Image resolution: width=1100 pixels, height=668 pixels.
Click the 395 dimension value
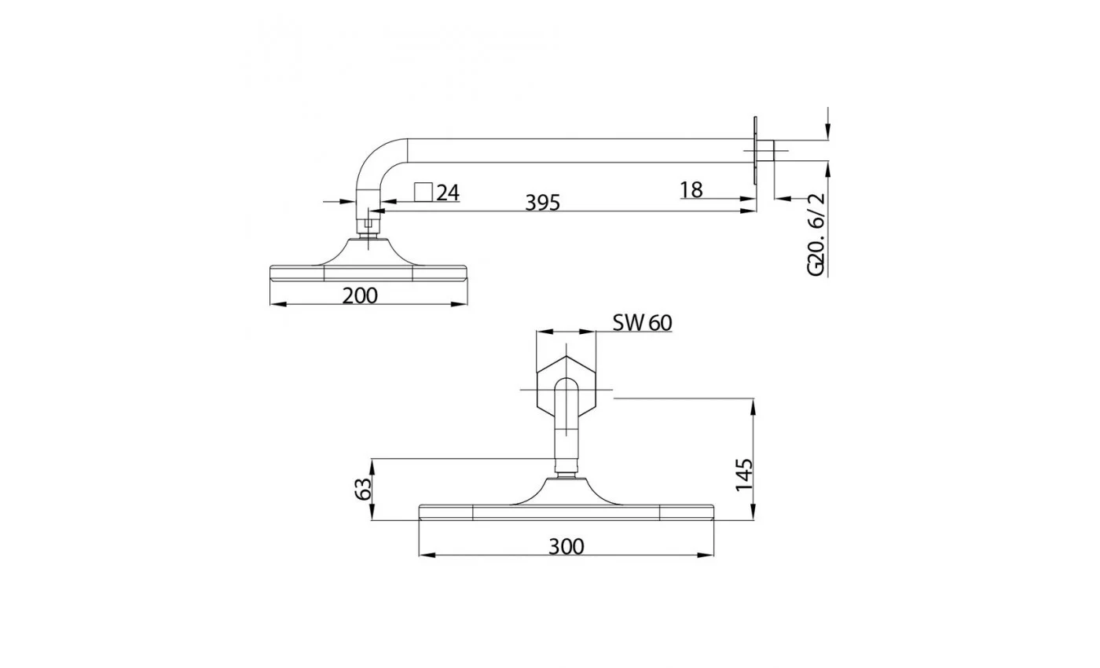(x=542, y=203)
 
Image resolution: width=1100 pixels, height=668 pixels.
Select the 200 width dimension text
(x=360, y=295)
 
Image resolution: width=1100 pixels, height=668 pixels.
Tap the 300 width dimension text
(x=566, y=547)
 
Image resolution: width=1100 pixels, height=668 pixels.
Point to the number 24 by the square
(x=448, y=193)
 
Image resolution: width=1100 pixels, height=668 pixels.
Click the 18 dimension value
(x=691, y=189)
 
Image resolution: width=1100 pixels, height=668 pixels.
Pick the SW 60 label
(x=643, y=323)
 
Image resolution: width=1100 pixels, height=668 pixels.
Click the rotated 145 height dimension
(x=744, y=475)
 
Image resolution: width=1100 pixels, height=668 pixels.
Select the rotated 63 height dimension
(x=363, y=489)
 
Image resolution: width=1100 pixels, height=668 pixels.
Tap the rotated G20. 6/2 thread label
(x=816, y=234)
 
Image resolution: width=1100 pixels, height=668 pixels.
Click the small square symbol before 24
(x=423, y=192)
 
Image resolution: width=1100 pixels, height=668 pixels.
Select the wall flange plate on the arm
(x=755, y=150)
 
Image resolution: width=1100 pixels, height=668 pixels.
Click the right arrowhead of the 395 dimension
(x=748, y=211)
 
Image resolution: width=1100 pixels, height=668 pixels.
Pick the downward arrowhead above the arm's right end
(x=828, y=131)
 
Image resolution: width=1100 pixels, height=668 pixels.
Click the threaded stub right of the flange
(x=766, y=150)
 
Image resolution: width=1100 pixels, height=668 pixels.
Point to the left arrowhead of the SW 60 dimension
(x=544, y=332)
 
